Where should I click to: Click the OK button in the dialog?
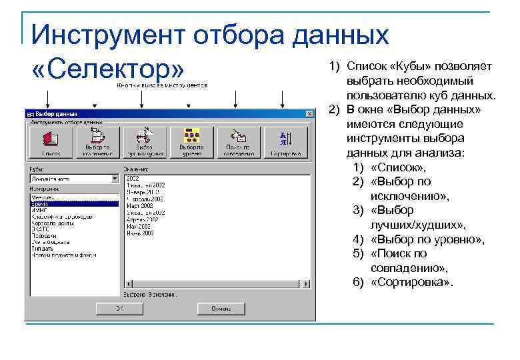pos(119,309)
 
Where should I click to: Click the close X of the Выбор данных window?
pos(308,114)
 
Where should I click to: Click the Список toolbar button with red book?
pos(49,141)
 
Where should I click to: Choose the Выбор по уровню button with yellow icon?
pos(191,141)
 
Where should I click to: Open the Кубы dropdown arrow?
pos(115,179)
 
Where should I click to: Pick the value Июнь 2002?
pos(139,234)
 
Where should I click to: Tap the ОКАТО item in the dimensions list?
pos(39,228)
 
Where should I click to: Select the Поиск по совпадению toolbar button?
pos(237,141)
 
